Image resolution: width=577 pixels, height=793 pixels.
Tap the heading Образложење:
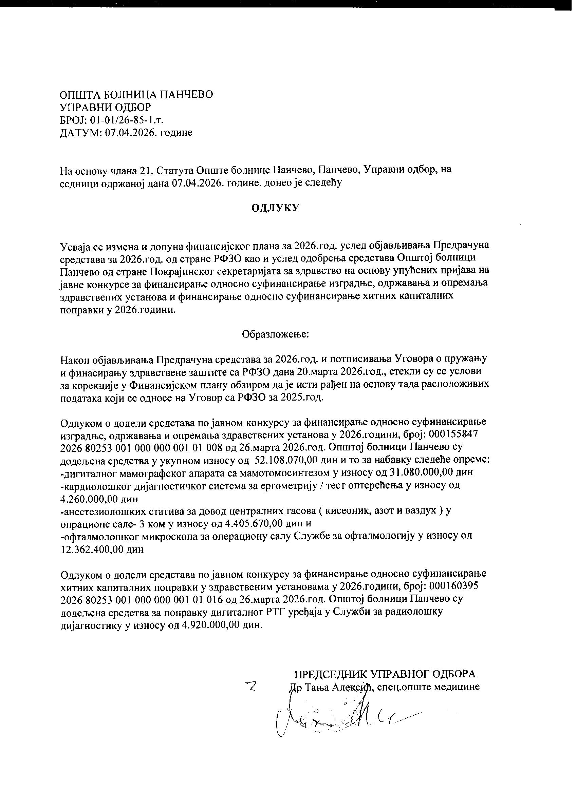275,334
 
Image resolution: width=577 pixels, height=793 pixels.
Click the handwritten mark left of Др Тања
252,687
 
